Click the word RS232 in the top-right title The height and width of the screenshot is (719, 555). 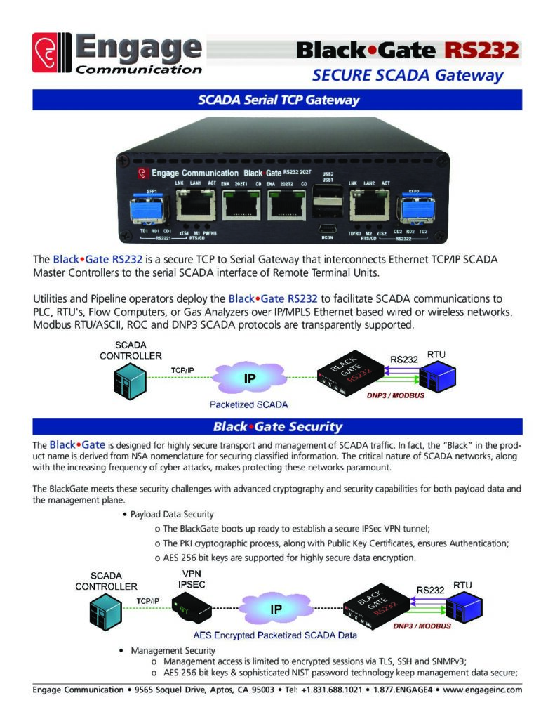pos(481,50)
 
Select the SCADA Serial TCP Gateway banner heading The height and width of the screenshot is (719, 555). pos(278,100)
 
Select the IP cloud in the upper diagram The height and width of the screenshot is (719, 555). pos(249,378)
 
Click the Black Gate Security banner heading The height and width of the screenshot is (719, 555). pos(278,426)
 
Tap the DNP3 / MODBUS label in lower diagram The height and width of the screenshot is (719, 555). pos(422,625)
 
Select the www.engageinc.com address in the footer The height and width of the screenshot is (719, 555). pos(483,690)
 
